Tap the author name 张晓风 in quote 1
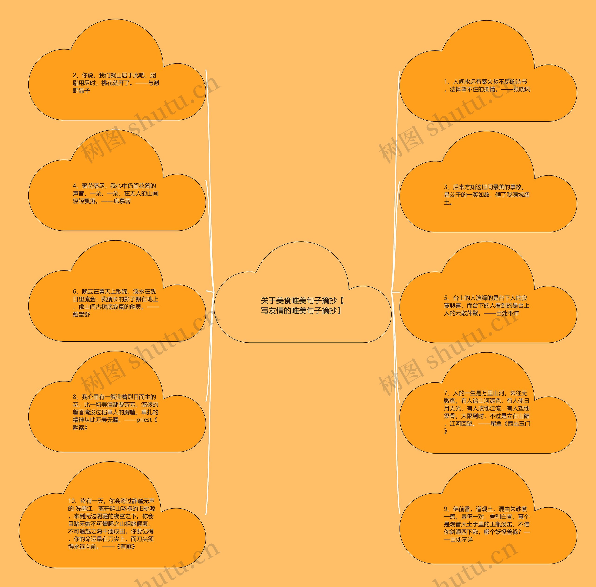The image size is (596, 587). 522,89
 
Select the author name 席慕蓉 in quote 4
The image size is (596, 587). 122,201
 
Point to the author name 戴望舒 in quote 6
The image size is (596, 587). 81,314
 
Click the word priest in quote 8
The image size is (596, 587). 144,420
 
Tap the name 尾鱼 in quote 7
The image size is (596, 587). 496,424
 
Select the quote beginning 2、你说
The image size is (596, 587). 116,83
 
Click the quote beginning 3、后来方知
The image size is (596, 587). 487,195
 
